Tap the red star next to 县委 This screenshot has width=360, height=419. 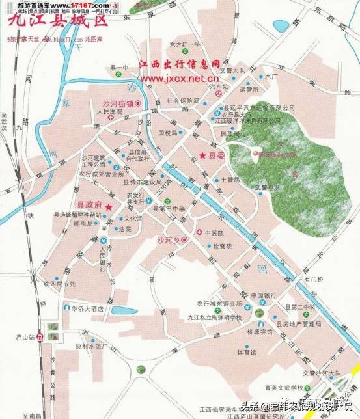point(202,155)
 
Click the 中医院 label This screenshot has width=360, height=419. point(214,232)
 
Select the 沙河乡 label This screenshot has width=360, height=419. point(167,240)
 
